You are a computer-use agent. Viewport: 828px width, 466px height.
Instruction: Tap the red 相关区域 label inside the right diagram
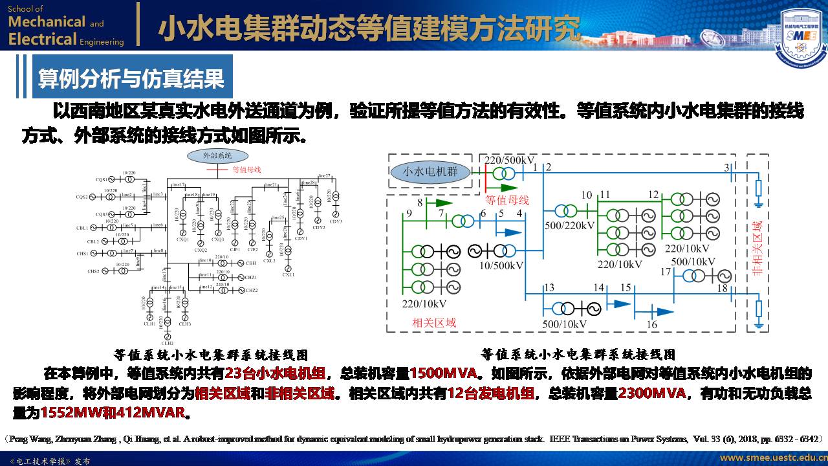pos(433,322)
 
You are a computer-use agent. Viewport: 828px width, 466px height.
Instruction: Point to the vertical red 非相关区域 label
pos(757,249)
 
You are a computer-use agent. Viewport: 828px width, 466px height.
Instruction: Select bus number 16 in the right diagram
pos(652,324)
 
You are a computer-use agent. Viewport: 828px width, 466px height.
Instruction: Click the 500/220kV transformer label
pos(569,226)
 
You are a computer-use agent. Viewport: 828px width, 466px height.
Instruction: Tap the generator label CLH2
pos(168,343)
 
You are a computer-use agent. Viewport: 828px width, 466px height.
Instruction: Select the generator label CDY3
pos(335,221)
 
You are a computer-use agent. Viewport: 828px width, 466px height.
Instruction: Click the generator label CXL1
pos(289,274)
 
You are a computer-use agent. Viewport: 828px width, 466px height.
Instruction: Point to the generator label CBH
pos(251,263)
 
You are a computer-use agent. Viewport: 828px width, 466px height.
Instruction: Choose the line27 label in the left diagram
pos(323,176)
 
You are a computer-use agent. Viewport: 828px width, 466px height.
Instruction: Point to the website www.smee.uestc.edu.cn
pos(772,458)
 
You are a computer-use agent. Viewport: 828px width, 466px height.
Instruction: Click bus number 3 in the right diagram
pos(726,168)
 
